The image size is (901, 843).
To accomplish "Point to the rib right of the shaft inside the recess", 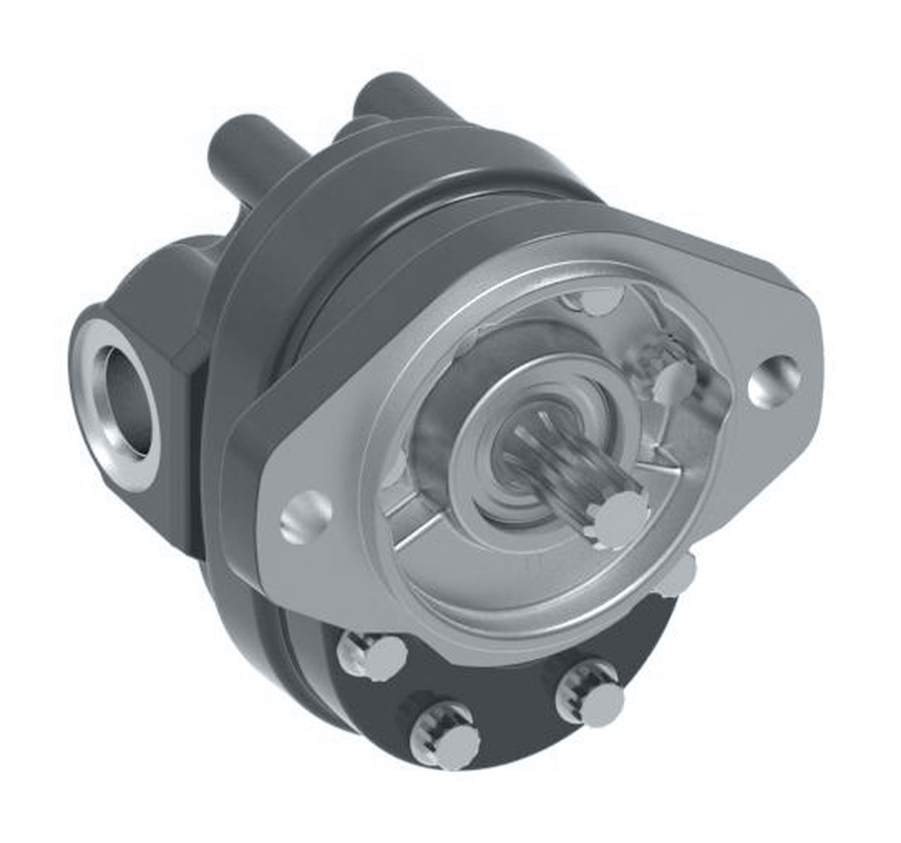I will pyautogui.click(x=657, y=458).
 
